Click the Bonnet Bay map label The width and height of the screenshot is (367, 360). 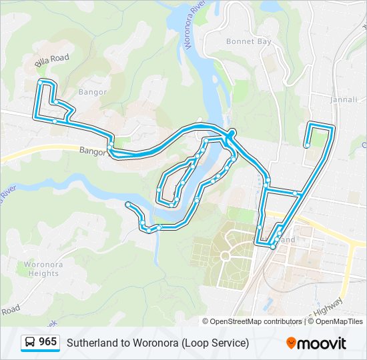[248, 41]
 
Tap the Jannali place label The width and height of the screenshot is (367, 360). [344, 99]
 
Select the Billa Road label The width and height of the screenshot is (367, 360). [52, 60]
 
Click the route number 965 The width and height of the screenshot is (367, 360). [47, 342]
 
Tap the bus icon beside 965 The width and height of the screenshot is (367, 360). [30, 343]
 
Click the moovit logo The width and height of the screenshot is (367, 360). [316, 343]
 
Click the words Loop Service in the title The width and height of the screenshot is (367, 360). [218, 343]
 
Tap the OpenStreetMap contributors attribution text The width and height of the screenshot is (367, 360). [256, 321]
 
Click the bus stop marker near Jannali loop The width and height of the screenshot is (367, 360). [306, 145]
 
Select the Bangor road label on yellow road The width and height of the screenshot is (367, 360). [93, 151]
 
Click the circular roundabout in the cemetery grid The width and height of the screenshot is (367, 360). [225, 255]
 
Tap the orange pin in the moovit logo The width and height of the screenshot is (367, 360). [291, 343]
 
